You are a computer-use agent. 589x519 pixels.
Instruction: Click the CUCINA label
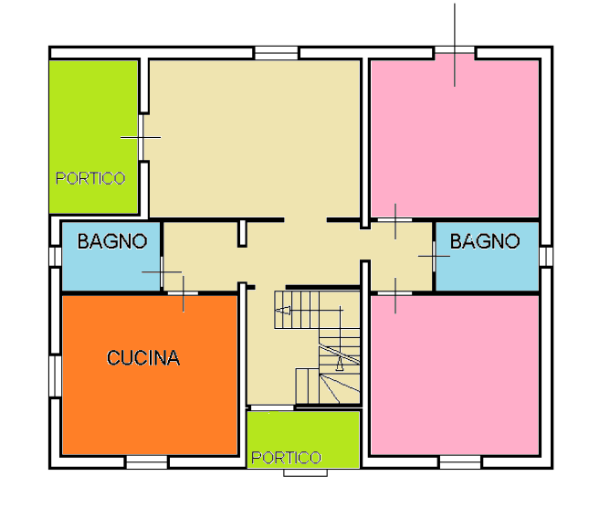(143, 357)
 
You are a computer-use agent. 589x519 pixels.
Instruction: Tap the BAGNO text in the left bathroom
(112, 241)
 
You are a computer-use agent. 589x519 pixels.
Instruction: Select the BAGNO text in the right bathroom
(485, 241)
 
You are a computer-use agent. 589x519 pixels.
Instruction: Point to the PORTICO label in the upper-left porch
(90, 178)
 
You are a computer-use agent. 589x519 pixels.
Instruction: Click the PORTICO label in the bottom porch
(286, 458)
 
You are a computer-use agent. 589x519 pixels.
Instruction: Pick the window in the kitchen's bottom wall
(146, 462)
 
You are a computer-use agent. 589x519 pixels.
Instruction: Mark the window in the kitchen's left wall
(56, 376)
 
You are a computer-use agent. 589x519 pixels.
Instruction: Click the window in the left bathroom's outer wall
(56, 256)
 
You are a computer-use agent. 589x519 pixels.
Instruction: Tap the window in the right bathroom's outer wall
(546, 256)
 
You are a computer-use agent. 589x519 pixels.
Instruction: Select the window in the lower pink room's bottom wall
(460, 462)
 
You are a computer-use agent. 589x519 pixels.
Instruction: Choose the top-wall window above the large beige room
(277, 53)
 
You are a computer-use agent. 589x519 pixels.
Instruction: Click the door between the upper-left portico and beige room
(141, 138)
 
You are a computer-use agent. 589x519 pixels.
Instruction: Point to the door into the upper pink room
(394, 220)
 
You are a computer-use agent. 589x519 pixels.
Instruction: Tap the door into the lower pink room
(394, 293)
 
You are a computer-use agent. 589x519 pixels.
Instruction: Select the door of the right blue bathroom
(434, 257)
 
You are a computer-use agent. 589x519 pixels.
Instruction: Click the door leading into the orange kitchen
(183, 293)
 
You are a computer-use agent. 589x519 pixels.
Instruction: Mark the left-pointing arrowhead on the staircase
(283, 311)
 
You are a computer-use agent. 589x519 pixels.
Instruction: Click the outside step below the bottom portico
(305, 472)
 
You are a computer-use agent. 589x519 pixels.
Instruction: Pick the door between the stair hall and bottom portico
(272, 408)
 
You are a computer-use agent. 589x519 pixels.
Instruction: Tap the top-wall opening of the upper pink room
(455, 50)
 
